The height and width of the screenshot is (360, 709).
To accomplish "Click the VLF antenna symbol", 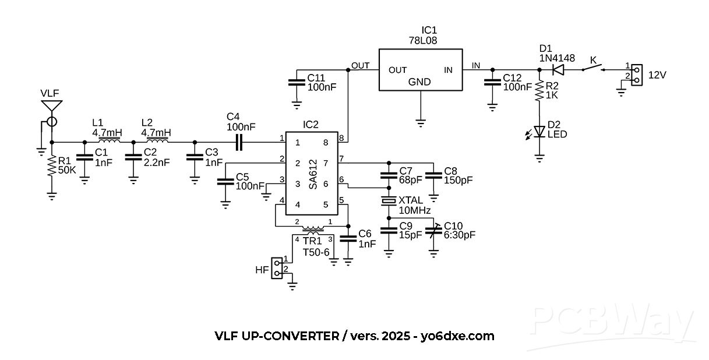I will pyautogui.click(x=51, y=108).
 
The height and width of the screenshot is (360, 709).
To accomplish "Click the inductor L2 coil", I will pyautogui.click(x=157, y=141).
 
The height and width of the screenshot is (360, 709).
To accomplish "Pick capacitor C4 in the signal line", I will pyautogui.click(x=239, y=141).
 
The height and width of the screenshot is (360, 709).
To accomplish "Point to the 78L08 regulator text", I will pyautogui.click(x=424, y=41).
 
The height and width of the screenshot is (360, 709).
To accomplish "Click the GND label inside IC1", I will pyautogui.click(x=419, y=82).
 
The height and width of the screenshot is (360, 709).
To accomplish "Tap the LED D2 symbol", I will pyautogui.click(x=539, y=132).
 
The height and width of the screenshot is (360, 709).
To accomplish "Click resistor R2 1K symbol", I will pyautogui.click(x=539, y=91).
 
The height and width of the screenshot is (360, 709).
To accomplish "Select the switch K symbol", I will pyautogui.click(x=592, y=68).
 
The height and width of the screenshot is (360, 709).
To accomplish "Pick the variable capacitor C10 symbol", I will pyautogui.click(x=433, y=231).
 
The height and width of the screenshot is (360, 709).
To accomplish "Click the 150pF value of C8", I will pyautogui.click(x=459, y=180).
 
